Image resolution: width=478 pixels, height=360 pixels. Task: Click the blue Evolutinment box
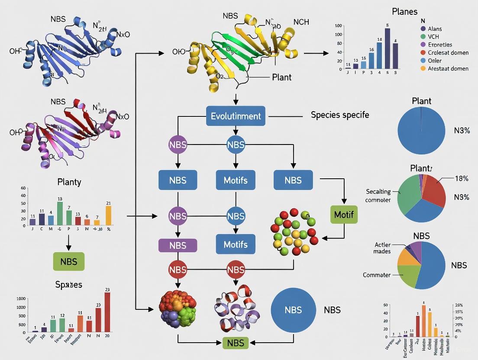click(x=236, y=116)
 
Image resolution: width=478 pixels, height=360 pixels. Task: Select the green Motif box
click(x=344, y=215)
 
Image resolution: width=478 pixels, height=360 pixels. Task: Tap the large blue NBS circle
click(x=293, y=310)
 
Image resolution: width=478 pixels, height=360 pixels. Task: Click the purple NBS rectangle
click(x=178, y=245)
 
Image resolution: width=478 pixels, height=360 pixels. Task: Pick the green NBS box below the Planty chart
click(x=68, y=261)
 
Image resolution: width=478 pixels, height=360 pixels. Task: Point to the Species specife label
click(x=339, y=116)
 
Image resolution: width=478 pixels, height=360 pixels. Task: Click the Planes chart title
click(x=404, y=12)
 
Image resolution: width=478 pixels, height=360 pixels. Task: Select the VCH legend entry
click(x=433, y=36)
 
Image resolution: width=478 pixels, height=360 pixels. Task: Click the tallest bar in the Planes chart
click(x=387, y=48)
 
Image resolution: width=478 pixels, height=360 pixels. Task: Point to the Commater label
click(x=377, y=275)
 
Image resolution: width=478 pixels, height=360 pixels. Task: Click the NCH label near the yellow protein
click(x=301, y=22)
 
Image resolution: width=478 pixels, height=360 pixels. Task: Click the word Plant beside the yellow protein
click(x=281, y=77)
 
